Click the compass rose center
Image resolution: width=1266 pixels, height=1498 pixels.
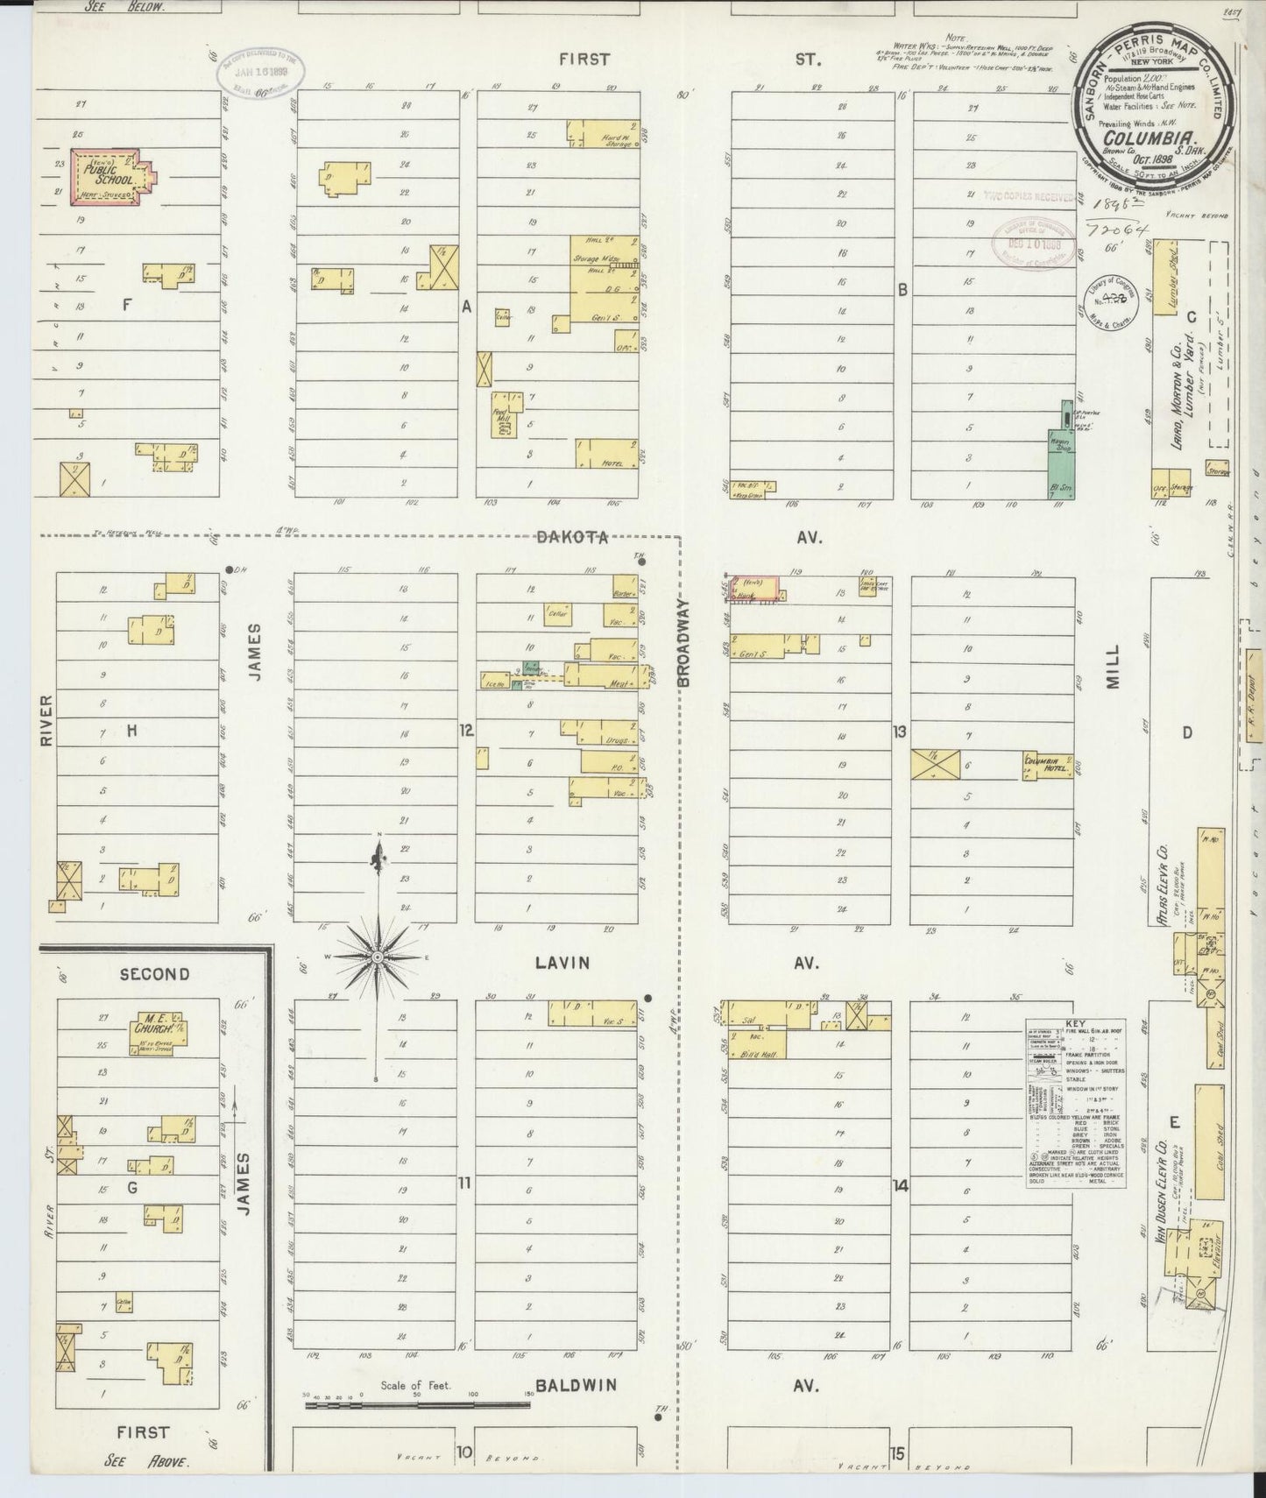point(378,957)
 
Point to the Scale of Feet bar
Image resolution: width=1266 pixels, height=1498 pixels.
point(417,1431)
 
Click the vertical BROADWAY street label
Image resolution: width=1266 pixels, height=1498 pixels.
point(685,641)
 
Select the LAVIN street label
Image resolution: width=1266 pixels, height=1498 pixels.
point(562,963)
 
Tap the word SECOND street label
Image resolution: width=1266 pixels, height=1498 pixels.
point(154,974)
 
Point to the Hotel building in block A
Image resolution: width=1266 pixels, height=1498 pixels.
point(605,454)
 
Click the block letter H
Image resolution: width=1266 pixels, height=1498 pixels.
point(132,730)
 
